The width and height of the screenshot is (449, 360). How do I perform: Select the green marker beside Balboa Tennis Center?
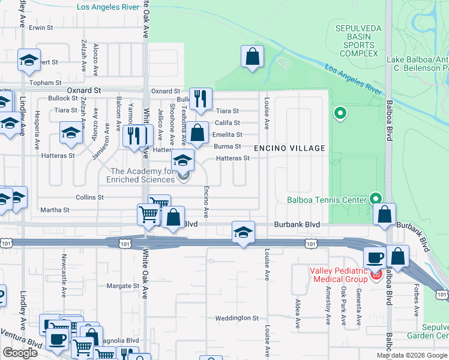(376, 197)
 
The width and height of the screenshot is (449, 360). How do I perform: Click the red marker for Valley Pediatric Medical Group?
(376, 275)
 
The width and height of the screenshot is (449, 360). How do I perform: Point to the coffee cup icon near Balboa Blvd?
(376, 257)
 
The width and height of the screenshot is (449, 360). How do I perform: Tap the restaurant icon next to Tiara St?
(200, 98)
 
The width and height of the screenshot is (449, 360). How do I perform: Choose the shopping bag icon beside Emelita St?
(197, 133)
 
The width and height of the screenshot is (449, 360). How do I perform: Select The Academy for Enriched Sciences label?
(141, 176)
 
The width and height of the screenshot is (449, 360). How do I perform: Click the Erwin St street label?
(41, 28)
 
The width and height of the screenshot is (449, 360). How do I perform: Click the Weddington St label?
(237, 318)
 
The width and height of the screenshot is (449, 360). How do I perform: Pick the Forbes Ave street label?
(415, 299)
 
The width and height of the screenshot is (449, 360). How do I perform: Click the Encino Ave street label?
(206, 201)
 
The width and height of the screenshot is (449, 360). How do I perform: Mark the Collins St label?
(90, 197)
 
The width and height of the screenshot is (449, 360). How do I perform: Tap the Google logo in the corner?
(20, 353)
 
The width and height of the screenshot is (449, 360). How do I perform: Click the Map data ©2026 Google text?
(412, 355)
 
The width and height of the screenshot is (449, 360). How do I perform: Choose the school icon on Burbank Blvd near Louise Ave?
(243, 232)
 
